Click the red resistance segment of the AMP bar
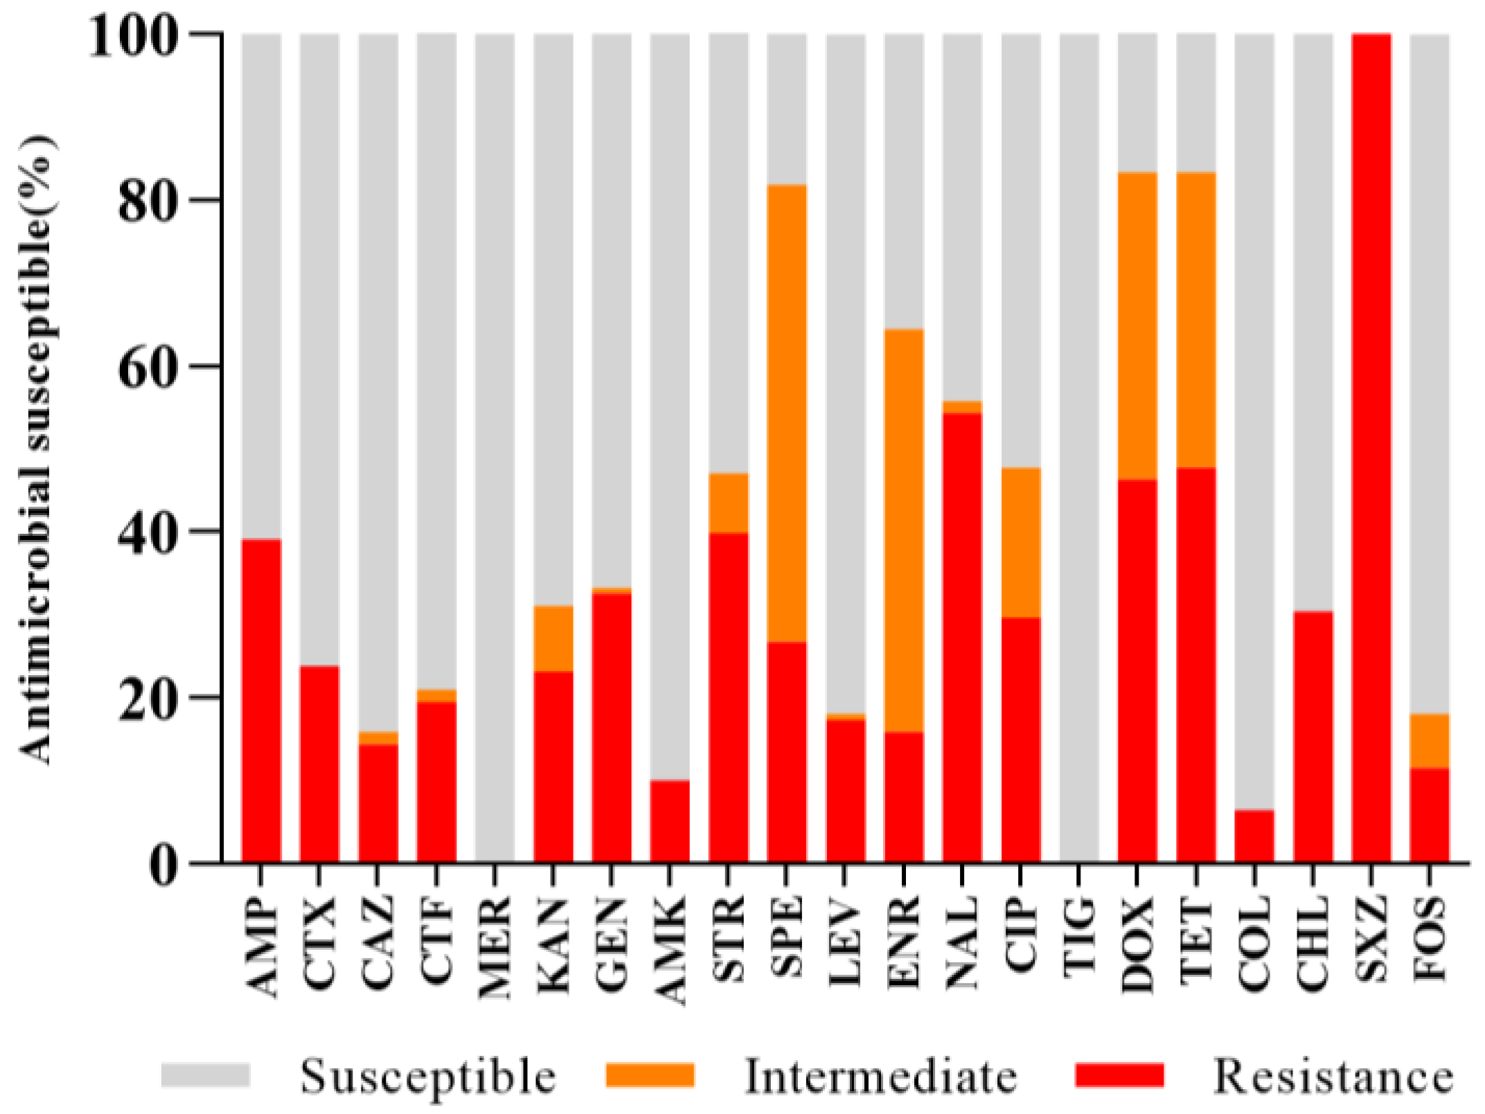[260, 699]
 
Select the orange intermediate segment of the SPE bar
[787, 413]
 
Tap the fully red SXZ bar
[1371, 447]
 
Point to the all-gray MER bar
[495, 447]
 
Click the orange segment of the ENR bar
[904, 530]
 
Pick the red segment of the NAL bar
[962, 637]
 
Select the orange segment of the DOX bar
[1137, 325]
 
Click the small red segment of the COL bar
[1254, 836]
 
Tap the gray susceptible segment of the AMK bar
[670, 406]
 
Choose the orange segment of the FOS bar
[1430, 740]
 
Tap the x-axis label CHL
[1313, 937]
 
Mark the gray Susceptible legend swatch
[206, 1075]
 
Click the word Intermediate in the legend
[880, 1077]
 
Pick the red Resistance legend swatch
[1119, 1075]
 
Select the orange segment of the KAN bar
[553, 638]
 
